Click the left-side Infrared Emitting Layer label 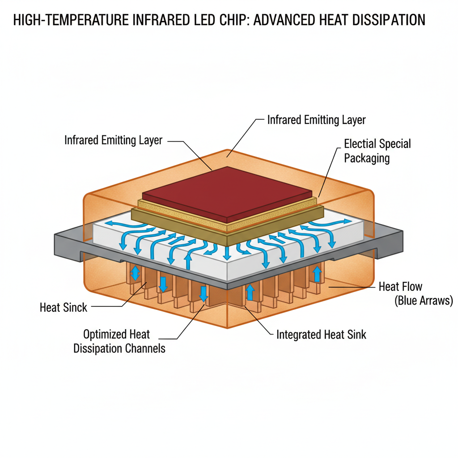point(113,140)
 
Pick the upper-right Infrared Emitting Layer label point(316,120)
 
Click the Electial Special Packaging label point(377,151)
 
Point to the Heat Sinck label point(64,307)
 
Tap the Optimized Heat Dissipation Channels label point(119,341)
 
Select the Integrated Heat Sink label point(321,334)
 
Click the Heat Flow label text point(400,286)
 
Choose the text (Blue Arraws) point(424,301)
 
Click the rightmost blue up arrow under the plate point(318,273)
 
